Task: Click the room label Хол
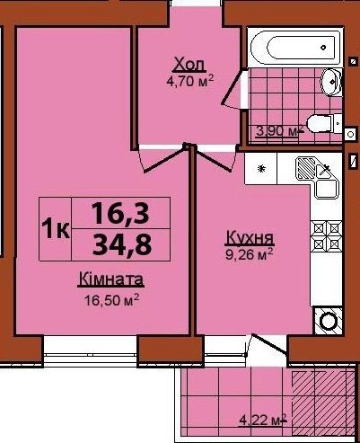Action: tap(190, 65)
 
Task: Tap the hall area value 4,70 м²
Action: tap(190, 81)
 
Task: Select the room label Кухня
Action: tap(250, 237)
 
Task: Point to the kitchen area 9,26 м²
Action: tap(249, 254)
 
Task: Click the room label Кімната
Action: tap(111, 279)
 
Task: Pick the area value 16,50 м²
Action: tap(111, 300)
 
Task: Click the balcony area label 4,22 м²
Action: tap(263, 421)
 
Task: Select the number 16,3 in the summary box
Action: tap(120, 213)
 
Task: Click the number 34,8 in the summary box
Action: tap(121, 244)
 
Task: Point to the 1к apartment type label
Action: tap(56, 229)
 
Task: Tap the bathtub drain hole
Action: tap(323, 48)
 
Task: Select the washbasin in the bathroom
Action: tap(331, 82)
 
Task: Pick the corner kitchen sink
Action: tap(318, 177)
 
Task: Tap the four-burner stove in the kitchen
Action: tap(326, 236)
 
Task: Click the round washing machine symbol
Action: tap(329, 321)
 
